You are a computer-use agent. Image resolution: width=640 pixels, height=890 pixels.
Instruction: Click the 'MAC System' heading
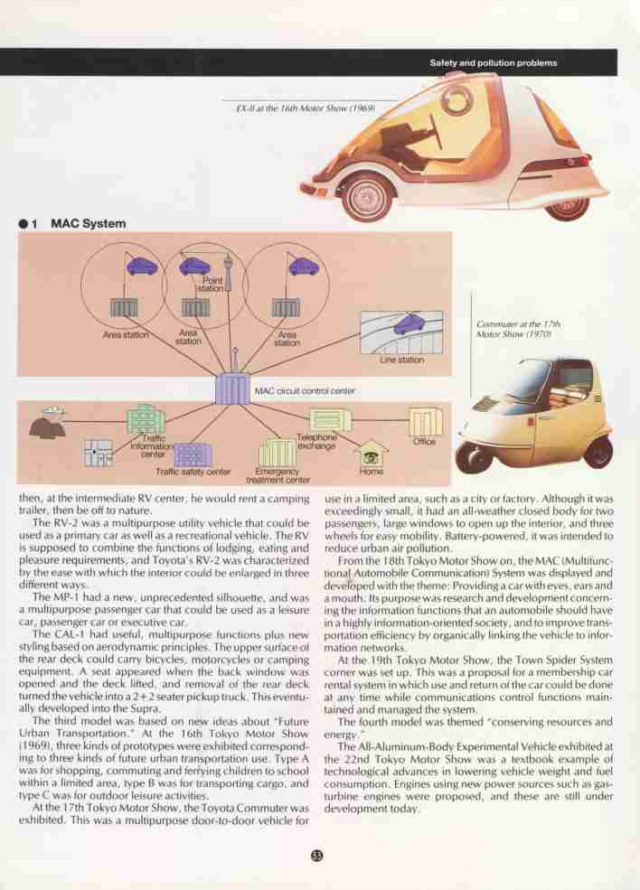pyautogui.click(x=88, y=224)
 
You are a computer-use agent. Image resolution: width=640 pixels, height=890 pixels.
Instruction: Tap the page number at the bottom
pyautogui.click(x=317, y=856)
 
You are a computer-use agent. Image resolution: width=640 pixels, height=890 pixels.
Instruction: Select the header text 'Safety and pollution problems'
pyautogui.click(x=493, y=63)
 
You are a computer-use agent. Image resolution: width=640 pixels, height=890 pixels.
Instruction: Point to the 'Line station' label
pyautogui.click(x=401, y=360)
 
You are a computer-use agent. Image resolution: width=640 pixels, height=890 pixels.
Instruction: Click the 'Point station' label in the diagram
pyautogui.click(x=212, y=285)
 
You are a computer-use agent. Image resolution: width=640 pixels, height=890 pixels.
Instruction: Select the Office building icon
pyautogui.click(x=426, y=422)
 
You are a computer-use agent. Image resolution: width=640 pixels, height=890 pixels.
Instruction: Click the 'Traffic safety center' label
pyautogui.click(x=193, y=472)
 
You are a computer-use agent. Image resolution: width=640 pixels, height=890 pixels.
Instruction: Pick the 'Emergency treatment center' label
pyautogui.click(x=278, y=475)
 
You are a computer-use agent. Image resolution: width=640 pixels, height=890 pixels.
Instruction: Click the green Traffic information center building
pyautogui.click(x=146, y=419)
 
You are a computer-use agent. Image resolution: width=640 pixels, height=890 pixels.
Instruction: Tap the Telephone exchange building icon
pyautogui.click(x=330, y=420)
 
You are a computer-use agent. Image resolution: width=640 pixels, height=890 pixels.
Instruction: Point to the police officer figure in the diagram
pyautogui.click(x=47, y=421)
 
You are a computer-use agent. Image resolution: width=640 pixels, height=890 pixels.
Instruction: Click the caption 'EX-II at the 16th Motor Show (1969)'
pyautogui.click(x=306, y=108)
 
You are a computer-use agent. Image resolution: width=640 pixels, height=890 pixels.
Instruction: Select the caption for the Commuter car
pyautogui.click(x=518, y=329)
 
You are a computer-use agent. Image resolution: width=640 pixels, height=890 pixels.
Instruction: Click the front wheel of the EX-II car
pyautogui.click(x=367, y=198)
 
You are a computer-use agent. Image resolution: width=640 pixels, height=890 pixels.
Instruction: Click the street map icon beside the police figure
pyautogui.click(x=99, y=453)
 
